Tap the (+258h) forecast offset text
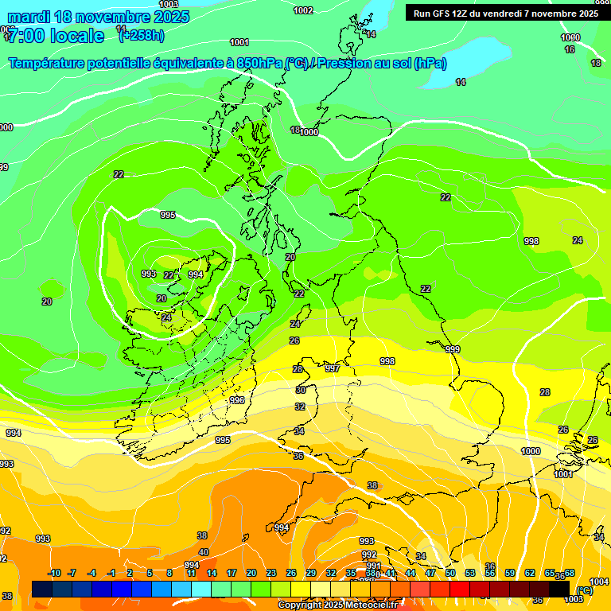coord(142,35)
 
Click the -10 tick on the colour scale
coord(54,573)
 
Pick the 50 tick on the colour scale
coord(450,573)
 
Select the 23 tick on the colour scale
coord(271,573)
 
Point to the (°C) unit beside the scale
coord(585,590)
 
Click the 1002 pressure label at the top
coord(303,10)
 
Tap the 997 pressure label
coord(333,368)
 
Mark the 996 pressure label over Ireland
coord(237,400)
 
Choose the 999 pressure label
coord(453,349)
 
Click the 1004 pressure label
coord(600,582)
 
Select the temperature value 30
coord(301,390)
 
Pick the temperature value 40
coord(204,552)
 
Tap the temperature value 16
coord(570,49)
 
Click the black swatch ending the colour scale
coord(559,589)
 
